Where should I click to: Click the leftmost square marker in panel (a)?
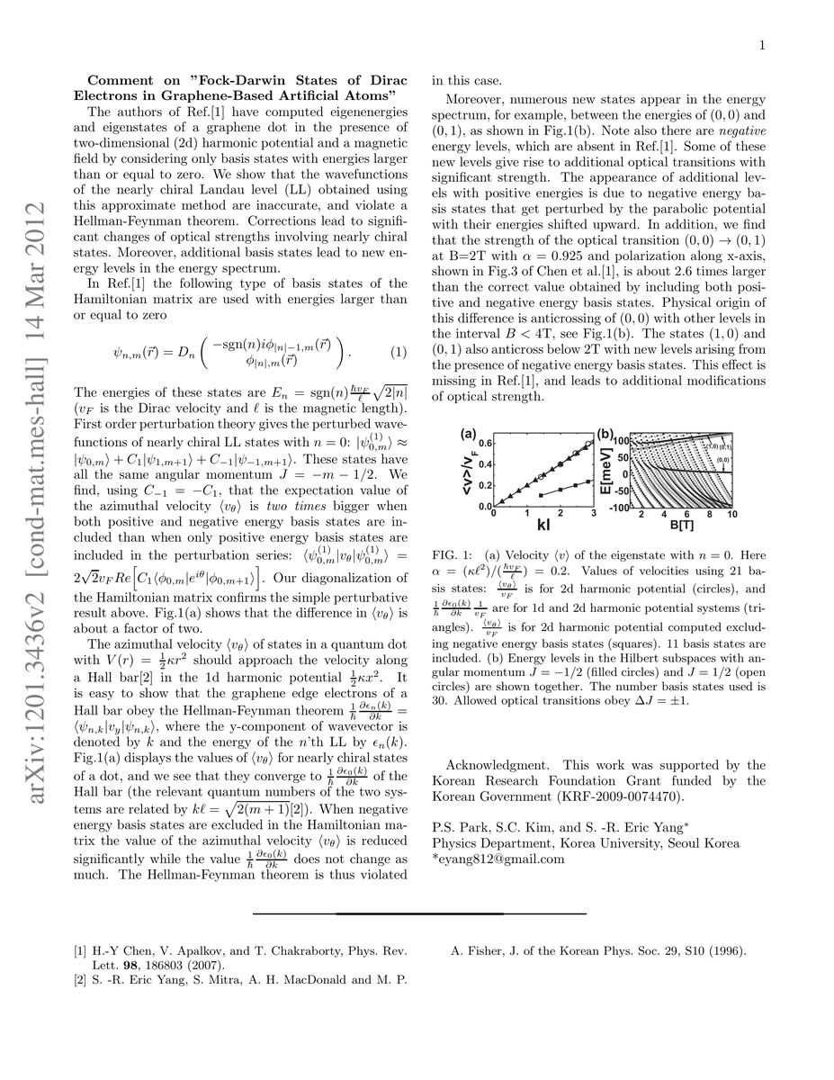pos(539,495)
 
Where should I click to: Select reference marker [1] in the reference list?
pos(81,950)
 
